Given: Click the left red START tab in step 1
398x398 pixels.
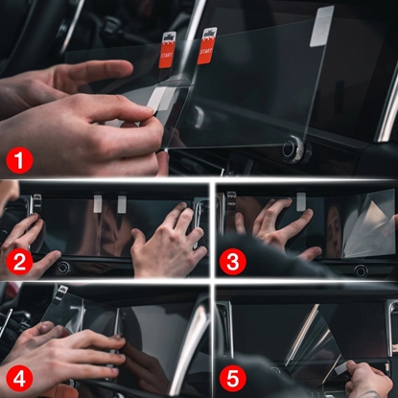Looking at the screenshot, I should pyautogui.click(x=167, y=49).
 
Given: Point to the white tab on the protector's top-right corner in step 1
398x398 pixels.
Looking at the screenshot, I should pyautogui.click(x=323, y=20).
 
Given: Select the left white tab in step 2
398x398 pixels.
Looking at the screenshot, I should pyautogui.click(x=98, y=203).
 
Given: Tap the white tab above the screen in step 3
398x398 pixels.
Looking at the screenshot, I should pyautogui.click(x=299, y=200).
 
